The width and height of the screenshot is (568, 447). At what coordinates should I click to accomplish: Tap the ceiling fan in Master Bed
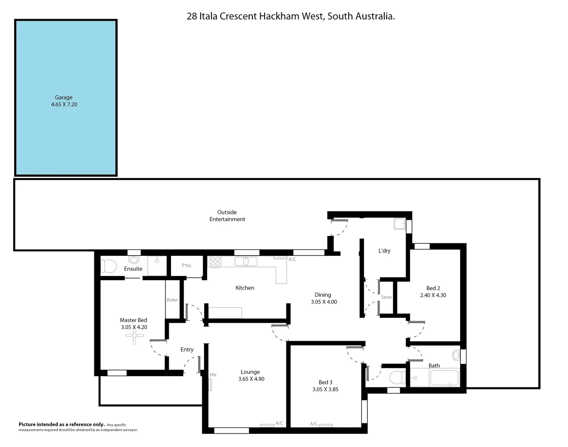(x=134, y=338)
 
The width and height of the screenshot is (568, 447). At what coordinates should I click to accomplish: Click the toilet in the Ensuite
(x=109, y=266)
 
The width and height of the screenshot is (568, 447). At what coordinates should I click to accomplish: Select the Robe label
(x=172, y=300)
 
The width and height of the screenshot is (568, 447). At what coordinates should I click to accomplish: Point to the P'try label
(x=187, y=265)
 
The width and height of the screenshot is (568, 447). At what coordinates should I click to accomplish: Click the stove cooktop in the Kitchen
(x=215, y=261)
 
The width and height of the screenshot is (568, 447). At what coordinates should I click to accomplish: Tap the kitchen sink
(x=246, y=262)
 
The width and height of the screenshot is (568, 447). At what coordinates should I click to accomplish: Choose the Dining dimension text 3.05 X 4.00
(x=324, y=302)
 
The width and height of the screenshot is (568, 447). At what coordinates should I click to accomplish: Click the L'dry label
(x=384, y=251)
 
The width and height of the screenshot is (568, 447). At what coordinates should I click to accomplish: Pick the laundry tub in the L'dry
(x=400, y=224)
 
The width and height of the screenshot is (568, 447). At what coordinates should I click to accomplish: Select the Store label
(x=386, y=297)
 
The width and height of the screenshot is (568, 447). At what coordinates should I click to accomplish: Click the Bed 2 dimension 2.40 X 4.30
(x=433, y=296)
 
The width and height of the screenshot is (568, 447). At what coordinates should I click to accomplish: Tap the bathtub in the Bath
(x=444, y=378)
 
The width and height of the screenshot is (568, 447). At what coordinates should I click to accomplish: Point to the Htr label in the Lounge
(x=213, y=375)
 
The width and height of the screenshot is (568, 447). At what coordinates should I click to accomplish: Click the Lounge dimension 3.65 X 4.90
(x=251, y=379)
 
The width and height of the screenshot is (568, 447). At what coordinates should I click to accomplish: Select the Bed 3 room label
(x=326, y=382)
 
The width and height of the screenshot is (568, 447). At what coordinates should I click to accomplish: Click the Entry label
(x=187, y=350)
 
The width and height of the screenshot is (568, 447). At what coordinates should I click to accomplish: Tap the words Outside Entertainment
(x=227, y=216)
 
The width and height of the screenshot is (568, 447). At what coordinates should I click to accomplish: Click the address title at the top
(x=290, y=17)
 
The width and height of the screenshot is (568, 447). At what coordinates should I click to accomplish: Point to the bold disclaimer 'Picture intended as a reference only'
(x=62, y=424)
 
